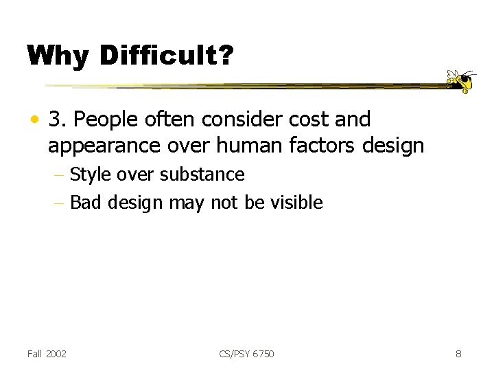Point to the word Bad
coord(84,203)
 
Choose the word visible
coord(298,203)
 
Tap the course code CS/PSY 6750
coord(246,354)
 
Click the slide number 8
coord(458,354)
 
